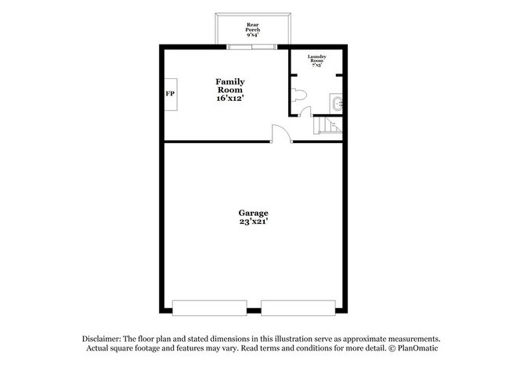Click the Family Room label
[x=230, y=85]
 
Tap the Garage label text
[x=253, y=213]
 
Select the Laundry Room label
[x=316, y=59]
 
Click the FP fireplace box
[x=170, y=94]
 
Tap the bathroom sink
[x=338, y=103]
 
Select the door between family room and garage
[x=281, y=134]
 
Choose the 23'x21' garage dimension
[x=253, y=222]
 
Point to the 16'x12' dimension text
[x=230, y=99]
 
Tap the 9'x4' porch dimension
[x=253, y=35]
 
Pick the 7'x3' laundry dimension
[x=316, y=66]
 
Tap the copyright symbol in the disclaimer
[x=382, y=348]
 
